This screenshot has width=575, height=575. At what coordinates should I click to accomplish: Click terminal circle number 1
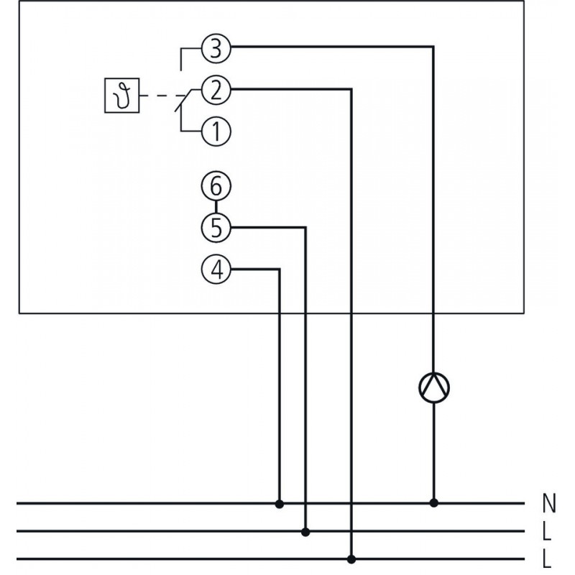(x=215, y=131)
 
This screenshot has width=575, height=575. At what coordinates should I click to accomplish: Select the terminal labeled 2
(x=215, y=90)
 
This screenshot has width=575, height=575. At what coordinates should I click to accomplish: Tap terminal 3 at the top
(x=215, y=49)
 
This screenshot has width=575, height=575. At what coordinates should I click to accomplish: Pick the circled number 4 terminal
(x=215, y=270)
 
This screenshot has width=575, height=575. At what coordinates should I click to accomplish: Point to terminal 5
(x=215, y=228)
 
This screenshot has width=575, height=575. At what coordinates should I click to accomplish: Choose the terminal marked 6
(x=215, y=187)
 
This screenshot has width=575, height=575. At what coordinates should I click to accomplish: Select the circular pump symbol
(x=433, y=388)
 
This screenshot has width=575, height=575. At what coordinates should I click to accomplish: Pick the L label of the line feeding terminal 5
(x=548, y=532)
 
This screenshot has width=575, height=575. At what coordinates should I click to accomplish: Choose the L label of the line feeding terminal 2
(x=548, y=559)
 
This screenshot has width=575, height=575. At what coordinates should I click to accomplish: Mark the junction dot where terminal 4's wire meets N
(x=280, y=504)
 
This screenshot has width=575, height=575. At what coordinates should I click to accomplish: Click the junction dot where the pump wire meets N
(x=433, y=504)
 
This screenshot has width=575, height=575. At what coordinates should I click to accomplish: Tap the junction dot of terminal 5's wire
(x=306, y=532)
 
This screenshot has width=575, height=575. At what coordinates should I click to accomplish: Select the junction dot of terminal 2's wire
(x=351, y=558)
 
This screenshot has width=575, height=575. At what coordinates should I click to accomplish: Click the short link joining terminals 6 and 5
(x=215, y=207)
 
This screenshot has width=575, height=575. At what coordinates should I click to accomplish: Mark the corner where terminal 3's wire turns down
(x=433, y=49)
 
